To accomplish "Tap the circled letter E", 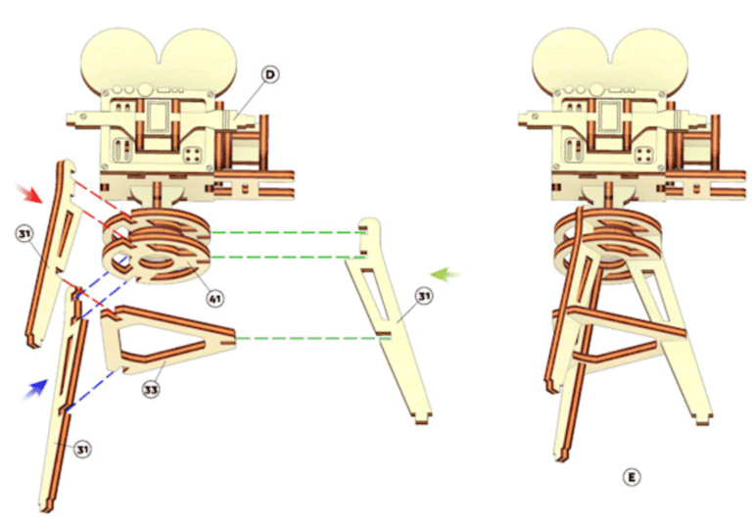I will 632,477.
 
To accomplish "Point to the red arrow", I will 31,194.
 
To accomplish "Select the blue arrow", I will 36,385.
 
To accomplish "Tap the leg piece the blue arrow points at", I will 59,402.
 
